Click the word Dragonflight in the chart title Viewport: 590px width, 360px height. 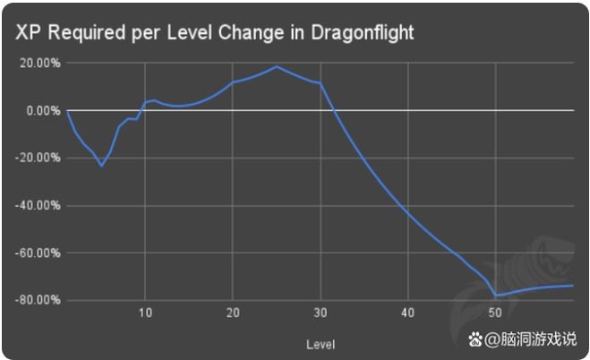[x=363, y=32]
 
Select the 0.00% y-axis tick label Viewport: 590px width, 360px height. [x=41, y=110]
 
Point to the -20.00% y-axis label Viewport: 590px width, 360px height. [x=36, y=158]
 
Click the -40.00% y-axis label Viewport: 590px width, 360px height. [x=36, y=205]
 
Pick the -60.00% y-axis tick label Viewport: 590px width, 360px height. [x=36, y=253]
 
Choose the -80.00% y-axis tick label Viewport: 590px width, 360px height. [x=36, y=300]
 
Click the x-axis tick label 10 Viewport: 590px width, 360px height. [x=145, y=313]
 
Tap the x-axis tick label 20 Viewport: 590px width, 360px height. [x=233, y=313]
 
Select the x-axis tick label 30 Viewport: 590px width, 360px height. [x=321, y=313]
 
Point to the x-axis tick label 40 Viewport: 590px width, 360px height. [x=407, y=313]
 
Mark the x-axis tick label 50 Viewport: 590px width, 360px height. [x=495, y=313]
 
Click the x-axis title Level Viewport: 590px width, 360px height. [x=320, y=344]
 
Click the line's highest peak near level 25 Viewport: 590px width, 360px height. [x=277, y=66]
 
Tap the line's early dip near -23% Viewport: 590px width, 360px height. [x=101, y=166]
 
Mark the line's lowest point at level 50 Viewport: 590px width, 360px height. [x=495, y=296]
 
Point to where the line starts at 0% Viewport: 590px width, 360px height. [x=67, y=110]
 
